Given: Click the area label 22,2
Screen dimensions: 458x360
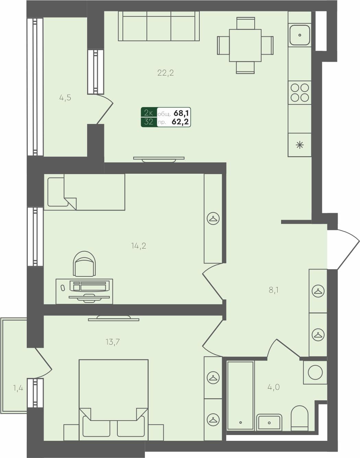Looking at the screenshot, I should point(166,73).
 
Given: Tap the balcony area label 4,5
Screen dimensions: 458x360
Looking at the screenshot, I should point(65,98).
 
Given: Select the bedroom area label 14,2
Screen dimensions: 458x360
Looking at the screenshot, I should point(139,246).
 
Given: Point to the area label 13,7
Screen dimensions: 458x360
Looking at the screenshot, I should point(113,342).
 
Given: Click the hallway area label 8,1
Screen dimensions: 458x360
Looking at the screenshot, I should point(274,290).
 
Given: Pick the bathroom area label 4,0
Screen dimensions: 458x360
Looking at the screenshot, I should point(274,387).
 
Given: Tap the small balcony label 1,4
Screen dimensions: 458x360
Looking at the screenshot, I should point(18,388).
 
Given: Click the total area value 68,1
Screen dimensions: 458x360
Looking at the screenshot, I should point(182,113).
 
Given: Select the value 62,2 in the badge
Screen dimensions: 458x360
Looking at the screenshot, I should point(181,122).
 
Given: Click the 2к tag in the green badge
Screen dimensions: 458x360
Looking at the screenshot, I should point(149,113).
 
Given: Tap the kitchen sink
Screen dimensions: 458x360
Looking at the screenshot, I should point(300,35).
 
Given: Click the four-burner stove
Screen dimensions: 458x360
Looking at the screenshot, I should point(300,93).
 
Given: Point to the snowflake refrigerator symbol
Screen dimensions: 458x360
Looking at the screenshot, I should point(300,145).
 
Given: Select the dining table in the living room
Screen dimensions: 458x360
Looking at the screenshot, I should point(245,45).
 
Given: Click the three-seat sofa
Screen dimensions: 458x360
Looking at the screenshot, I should point(159,26).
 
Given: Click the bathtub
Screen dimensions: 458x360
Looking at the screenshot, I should point(240,395).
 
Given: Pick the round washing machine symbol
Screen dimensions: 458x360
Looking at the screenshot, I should point(315,373).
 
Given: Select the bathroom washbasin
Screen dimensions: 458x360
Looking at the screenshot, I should point(269,422).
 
